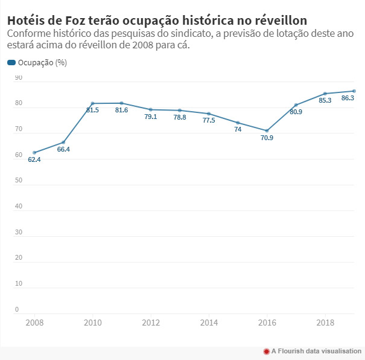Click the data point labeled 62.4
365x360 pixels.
pyautogui.click(x=34, y=152)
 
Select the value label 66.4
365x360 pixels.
pyautogui.click(x=63, y=149)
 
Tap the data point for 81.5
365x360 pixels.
pyautogui.click(x=92, y=103)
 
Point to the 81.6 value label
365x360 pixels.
pyautogui.click(x=121, y=110)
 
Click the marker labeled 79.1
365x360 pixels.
pyautogui.click(x=151, y=109)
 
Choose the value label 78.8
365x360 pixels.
pyautogui.click(x=180, y=117)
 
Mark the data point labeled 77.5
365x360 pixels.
pyautogui.click(x=209, y=114)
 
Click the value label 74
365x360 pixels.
pyautogui.click(x=238, y=129)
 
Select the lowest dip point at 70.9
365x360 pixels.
pyautogui.click(x=267, y=130)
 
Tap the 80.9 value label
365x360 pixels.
pyautogui.click(x=296, y=112)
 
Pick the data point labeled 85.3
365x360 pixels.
pyautogui.click(x=325, y=94)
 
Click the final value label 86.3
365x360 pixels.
pyautogui.click(x=348, y=98)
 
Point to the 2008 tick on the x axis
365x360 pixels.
pyautogui.click(x=34, y=323)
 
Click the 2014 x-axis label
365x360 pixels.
pyautogui.click(x=209, y=323)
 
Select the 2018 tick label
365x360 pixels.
pyautogui.click(x=325, y=323)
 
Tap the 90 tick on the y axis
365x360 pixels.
pyautogui.click(x=18, y=78)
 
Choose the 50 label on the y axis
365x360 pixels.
pyautogui.click(x=18, y=181)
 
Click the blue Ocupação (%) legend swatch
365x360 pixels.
pyautogui.click(x=11, y=63)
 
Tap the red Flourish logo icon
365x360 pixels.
pyautogui.click(x=266, y=351)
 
